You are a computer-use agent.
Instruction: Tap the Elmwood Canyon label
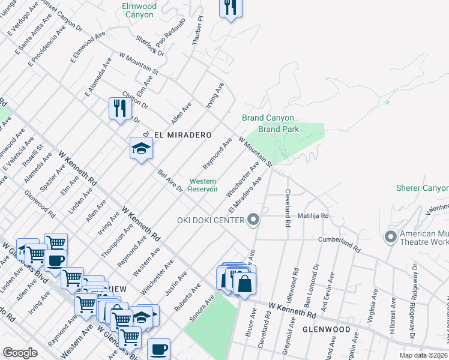(x=139, y=10)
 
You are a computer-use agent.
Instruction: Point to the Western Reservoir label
(x=203, y=185)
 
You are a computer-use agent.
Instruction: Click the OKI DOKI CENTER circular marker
(x=253, y=220)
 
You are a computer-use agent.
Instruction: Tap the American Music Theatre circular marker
(x=391, y=236)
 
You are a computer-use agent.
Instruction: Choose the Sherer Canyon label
(x=422, y=188)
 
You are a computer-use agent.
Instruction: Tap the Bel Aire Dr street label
(x=170, y=181)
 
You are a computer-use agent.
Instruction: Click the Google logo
(x=20, y=353)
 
